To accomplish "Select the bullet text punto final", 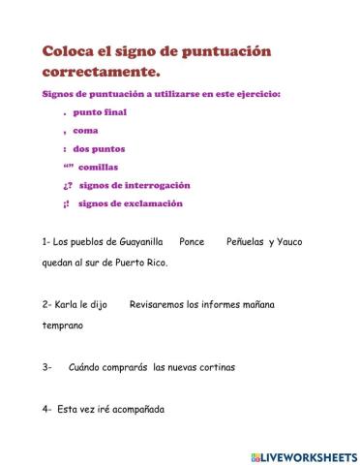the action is (100, 112).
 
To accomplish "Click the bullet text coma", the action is (85, 131).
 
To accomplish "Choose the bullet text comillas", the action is (97, 167).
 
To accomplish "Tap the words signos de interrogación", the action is (135, 185).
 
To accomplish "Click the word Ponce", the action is (192, 241).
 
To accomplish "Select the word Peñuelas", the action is (245, 241).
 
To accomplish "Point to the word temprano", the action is (63, 325).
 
